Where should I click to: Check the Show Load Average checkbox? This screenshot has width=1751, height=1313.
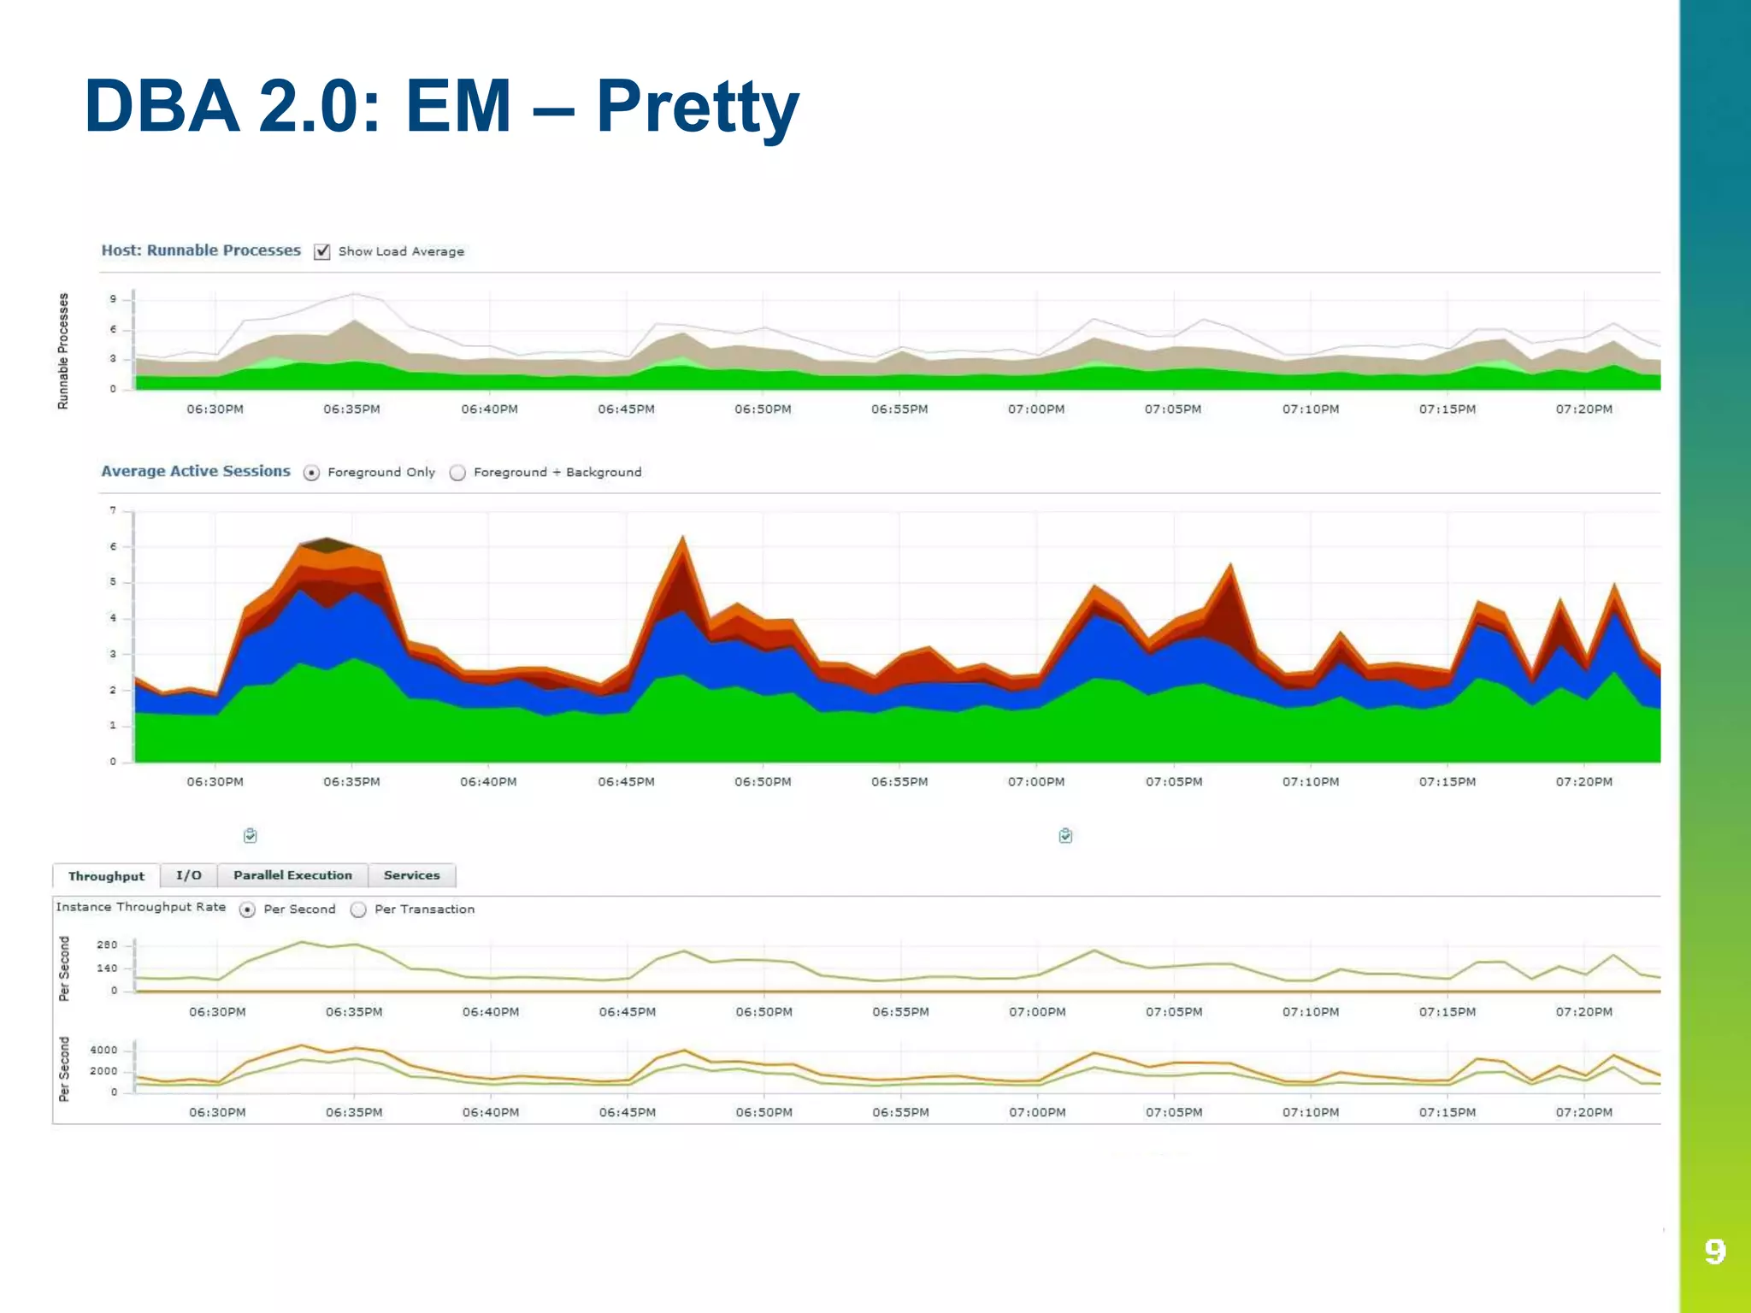(x=322, y=251)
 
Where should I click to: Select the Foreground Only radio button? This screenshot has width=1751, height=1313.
(x=312, y=473)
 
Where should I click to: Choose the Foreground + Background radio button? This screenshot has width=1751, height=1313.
(x=458, y=473)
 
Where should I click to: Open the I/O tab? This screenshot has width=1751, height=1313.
(x=189, y=875)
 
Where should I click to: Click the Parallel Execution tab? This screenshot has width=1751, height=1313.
(x=292, y=875)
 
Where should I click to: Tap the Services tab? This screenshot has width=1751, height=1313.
(x=411, y=875)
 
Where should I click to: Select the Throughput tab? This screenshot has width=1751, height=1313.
(x=106, y=876)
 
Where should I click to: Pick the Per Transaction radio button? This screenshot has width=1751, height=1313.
(x=359, y=910)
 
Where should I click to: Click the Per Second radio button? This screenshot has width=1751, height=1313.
(x=248, y=910)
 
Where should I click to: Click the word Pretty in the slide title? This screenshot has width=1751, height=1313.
(x=697, y=107)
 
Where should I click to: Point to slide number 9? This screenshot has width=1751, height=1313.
(x=1714, y=1251)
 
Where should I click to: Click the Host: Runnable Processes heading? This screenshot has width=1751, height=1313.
(x=201, y=250)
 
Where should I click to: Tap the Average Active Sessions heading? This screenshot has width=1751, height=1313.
(x=196, y=471)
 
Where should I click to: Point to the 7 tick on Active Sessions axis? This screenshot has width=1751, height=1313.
(x=113, y=510)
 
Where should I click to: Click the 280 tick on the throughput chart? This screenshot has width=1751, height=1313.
(x=107, y=945)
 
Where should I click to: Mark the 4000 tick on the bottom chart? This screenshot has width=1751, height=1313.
(x=103, y=1050)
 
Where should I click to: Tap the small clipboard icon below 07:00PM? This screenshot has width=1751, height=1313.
(x=1065, y=835)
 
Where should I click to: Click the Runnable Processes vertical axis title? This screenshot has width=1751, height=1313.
(x=62, y=350)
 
